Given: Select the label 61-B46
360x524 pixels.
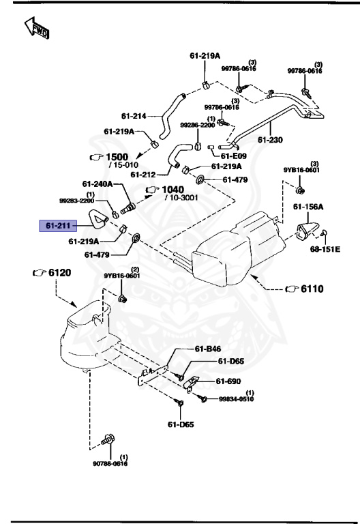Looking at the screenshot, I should point(208,349).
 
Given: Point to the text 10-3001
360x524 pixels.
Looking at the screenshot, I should point(181,198).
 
